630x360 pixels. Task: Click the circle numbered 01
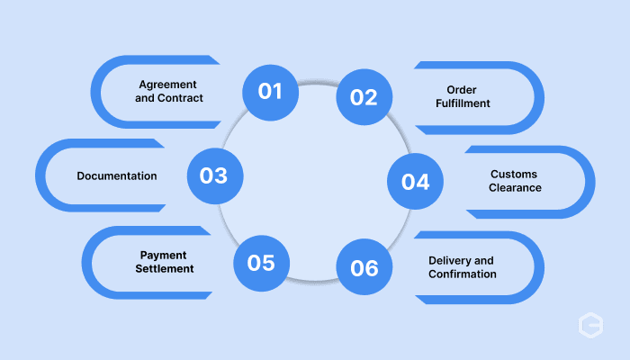pyautogui.click(x=270, y=93)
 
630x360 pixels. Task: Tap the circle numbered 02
pyautogui.click(x=364, y=97)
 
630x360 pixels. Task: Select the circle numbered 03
pyautogui.click(x=215, y=176)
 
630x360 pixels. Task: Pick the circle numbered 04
pyautogui.click(x=415, y=181)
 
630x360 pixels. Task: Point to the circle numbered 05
pyautogui.click(x=261, y=263)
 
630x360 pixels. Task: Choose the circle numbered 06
pyautogui.click(x=364, y=266)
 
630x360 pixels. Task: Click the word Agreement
pyautogui.click(x=167, y=85)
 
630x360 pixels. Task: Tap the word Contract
pyautogui.click(x=180, y=98)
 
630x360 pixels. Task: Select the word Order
pyautogui.click(x=462, y=90)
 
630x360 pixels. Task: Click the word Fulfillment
pyautogui.click(x=463, y=103)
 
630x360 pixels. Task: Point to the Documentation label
pyautogui.click(x=117, y=176)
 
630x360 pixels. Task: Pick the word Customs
pyautogui.click(x=514, y=175)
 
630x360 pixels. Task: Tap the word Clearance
pyautogui.click(x=515, y=187)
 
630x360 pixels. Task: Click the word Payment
pyautogui.click(x=163, y=256)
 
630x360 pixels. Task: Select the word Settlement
pyautogui.click(x=165, y=268)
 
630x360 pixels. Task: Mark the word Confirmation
pyautogui.click(x=463, y=274)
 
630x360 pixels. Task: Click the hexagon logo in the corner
pyautogui.click(x=590, y=325)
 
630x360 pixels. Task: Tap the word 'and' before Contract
pyautogui.click(x=145, y=98)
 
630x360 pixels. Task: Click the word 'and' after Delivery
pyautogui.click(x=484, y=261)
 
